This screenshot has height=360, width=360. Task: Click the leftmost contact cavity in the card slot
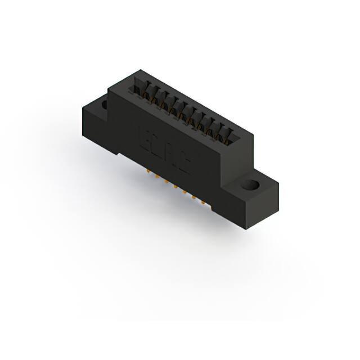139,88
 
